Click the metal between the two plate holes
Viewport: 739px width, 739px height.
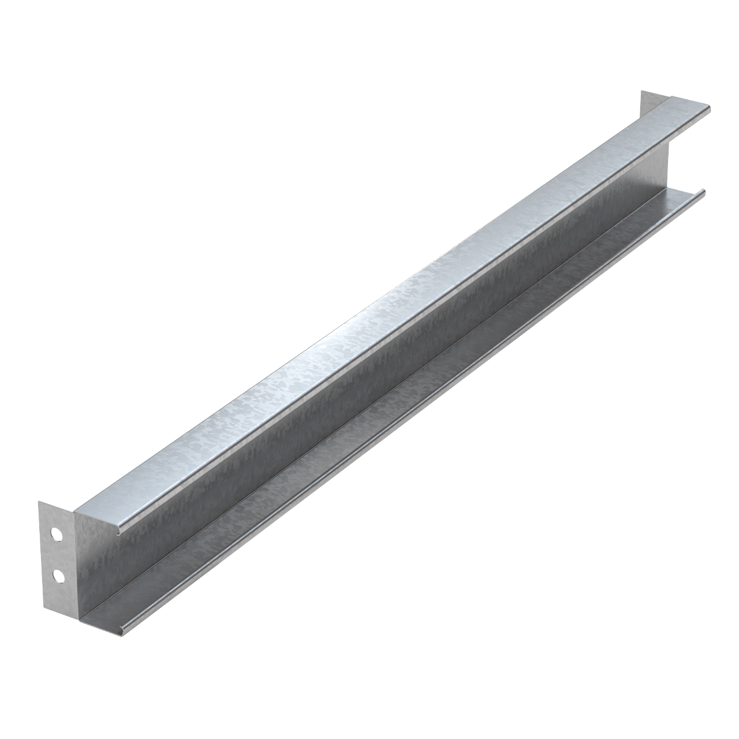coord(57,555)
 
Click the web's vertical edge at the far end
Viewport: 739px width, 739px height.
coord(669,167)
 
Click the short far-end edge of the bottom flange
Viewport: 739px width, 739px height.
coord(687,194)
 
